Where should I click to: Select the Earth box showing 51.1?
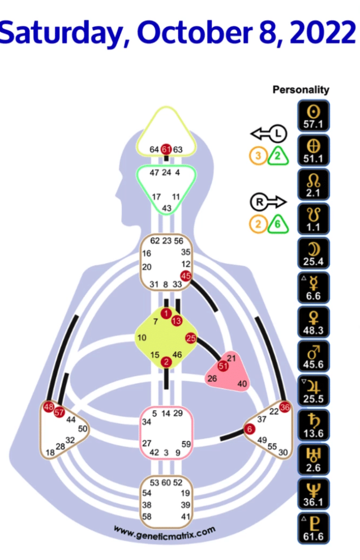pyautogui.click(x=313, y=150)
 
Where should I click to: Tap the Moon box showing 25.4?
pyautogui.click(x=313, y=253)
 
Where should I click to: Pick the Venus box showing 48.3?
pyautogui.click(x=313, y=323)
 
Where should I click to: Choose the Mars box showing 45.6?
pyautogui.click(x=313, y=357)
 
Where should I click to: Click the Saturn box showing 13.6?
pyautogui.click(x=313, y=426)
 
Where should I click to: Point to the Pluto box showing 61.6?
pyautogui.click(x=313, y=529)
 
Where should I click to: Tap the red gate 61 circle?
pyautogui.click(x=166, y=149)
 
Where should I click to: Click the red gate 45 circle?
pyautogui.click(x=185, y=277)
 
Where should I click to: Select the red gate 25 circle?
pyautogui.click(x=190, y=338)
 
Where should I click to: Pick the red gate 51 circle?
pyautogui.click(x=223, y=366)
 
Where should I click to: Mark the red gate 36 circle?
pyautogui.click(x=284, y=406)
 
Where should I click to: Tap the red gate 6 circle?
pyautogui.click(x=249, y=430)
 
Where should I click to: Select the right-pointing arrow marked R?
pyautogui.click(x=269, y=202)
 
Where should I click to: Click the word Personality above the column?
pyautogui.click(x=301, y=90)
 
